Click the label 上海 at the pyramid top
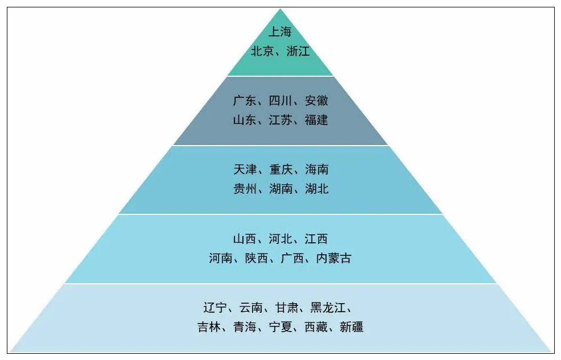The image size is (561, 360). point(280,32)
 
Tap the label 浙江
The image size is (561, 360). point(298,51)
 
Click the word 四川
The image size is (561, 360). point(280,101)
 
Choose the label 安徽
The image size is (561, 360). point(316,101)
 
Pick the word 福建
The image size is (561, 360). point(316,121)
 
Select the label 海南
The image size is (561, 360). point(316,169)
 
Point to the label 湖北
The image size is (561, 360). point(316,189)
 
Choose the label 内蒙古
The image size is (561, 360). point(333,258)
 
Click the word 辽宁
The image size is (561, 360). point(214,308)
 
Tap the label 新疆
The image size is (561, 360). point(352,327)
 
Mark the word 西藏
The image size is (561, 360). point(316,327)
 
